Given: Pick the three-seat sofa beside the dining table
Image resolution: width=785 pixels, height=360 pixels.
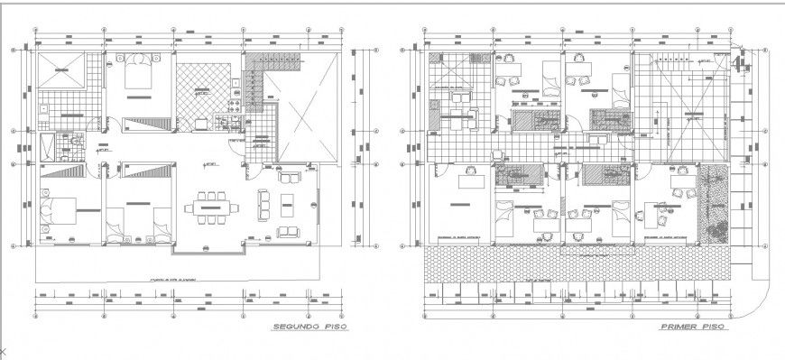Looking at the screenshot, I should [265, 203].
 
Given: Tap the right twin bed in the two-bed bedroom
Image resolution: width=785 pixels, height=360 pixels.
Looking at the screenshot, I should [159, 222].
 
